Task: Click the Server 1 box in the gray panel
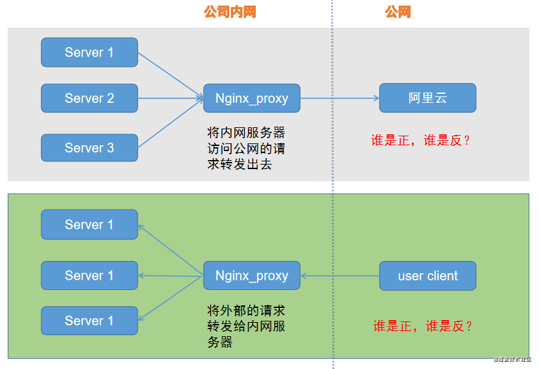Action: click(89, 52)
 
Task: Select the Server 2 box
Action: click(89, 98)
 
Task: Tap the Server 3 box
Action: click(89, 148)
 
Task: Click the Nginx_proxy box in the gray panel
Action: click(251, 98)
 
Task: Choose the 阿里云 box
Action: click(427, 98)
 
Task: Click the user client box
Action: click(427, 276)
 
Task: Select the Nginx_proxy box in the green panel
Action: click(251, 276)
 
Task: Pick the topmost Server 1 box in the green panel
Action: click(89, 224)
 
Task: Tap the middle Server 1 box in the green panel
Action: click(89, 275)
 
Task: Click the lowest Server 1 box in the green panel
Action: click(89, 320)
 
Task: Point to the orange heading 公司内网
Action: click(229, 12)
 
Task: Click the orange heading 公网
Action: click(398, 12)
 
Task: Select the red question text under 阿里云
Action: click(421, 141)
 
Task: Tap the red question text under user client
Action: click(423, 326)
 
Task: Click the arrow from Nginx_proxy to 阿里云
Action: click(340, 98)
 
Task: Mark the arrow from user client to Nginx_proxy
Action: click(340, 276)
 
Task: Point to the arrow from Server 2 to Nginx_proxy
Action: click(171, 98)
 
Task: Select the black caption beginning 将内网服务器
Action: click(246, 148)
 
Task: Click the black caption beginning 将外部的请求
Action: click(246, 327)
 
